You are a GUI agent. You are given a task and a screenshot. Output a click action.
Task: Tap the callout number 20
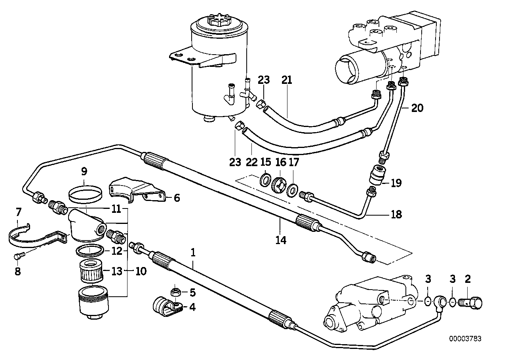(417, 108)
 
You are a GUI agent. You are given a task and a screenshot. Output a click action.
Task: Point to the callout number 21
(287, 80)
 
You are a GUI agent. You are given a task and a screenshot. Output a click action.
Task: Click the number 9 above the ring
(84, 171)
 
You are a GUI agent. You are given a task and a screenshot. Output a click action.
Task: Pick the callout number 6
(177, 197)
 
